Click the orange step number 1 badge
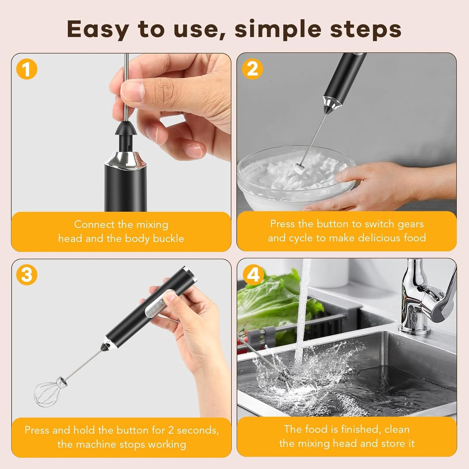coord(27,69)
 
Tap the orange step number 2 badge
coord(253,69)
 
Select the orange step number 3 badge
coord(27,275)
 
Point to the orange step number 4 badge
coord(253,275)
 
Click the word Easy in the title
coord(98,30)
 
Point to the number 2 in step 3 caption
coord(171,430)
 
